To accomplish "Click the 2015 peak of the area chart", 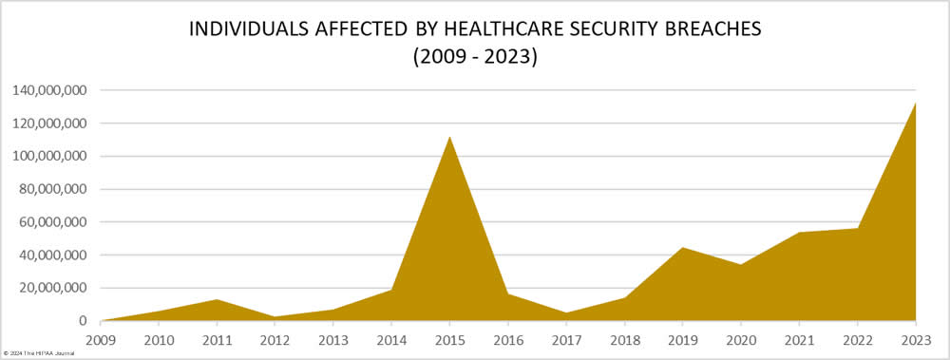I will pyautogui.click(x=450, y=139).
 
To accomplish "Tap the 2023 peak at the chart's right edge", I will pyautogui.click(x=915, y=104).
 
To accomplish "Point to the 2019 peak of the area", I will pyautogui.click(x=683, y=249).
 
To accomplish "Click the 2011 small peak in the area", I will pyautogui.click(x=218, y=301).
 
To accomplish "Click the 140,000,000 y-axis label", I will pyautogui.click(x=51, y=90).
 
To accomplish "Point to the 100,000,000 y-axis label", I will pyautogui.click(x=51, y=156).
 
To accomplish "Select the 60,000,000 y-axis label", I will pyautogui.click(x=55, y=222).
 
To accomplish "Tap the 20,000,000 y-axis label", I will pyautogui.click(x=55, y=288).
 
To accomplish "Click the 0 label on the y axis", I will pyautogui.click(x=84, y=321).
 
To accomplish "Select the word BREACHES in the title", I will pyautogui.click(x=713, y=29).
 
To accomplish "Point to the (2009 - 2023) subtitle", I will pyautogui.click(x=475, y=57).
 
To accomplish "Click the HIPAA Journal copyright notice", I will pyautogui.click(x=39, y=352).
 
